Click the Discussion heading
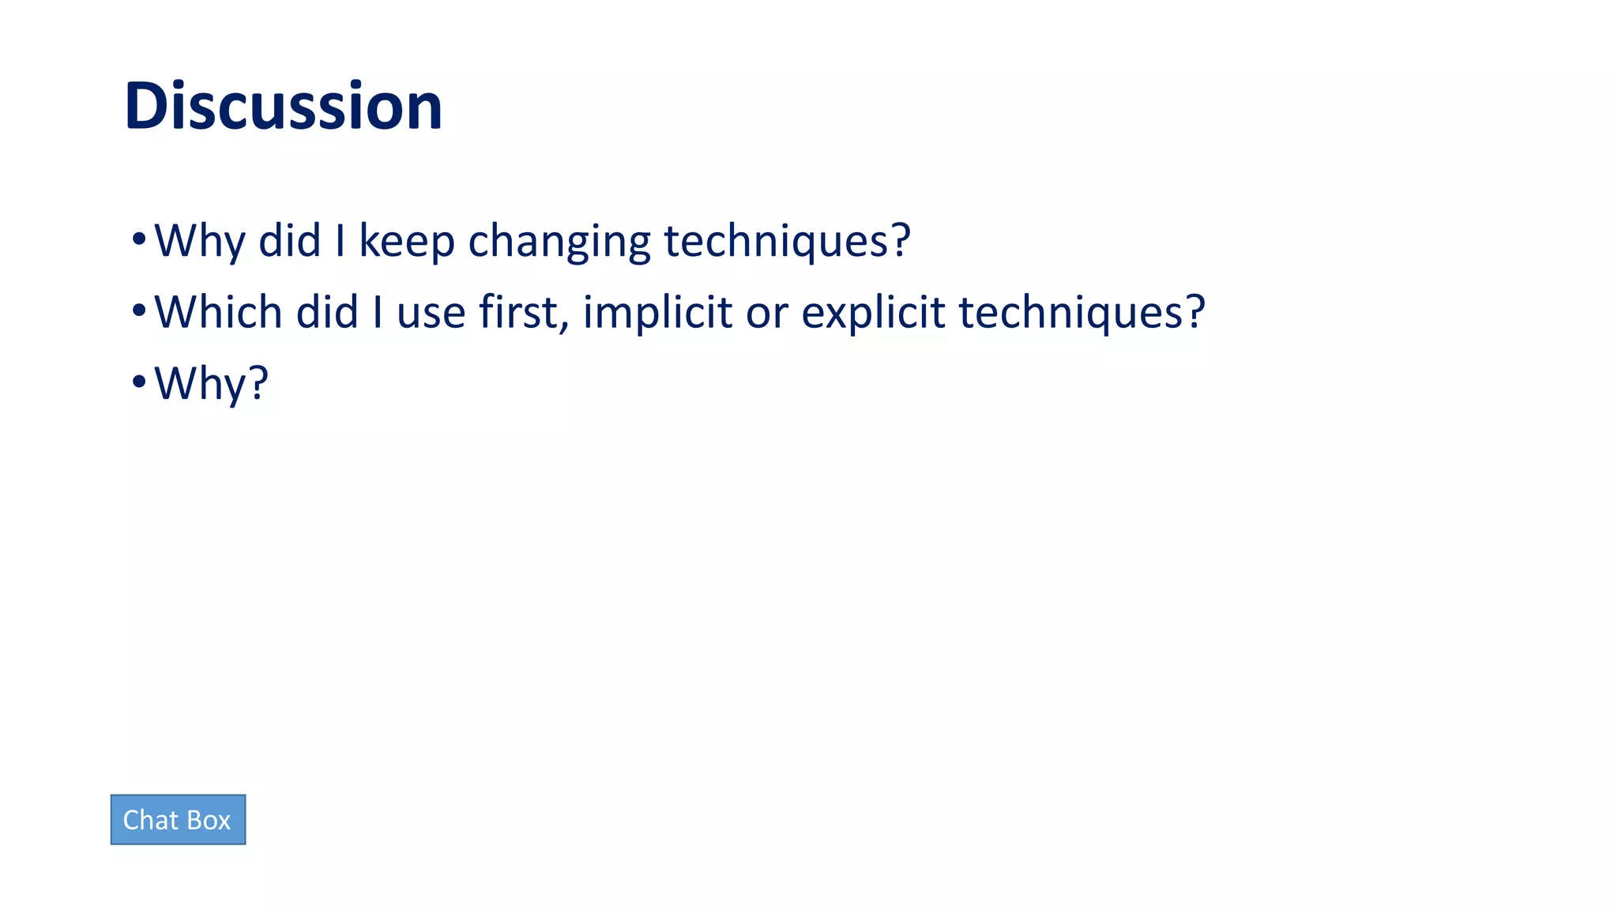283,106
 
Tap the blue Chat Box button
178,820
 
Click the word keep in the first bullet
406,240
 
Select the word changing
559,242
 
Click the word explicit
873,312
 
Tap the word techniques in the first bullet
787,240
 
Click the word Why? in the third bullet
211,384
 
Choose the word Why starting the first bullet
199,241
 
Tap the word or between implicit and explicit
766,313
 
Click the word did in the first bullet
289,240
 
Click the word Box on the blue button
209,820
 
